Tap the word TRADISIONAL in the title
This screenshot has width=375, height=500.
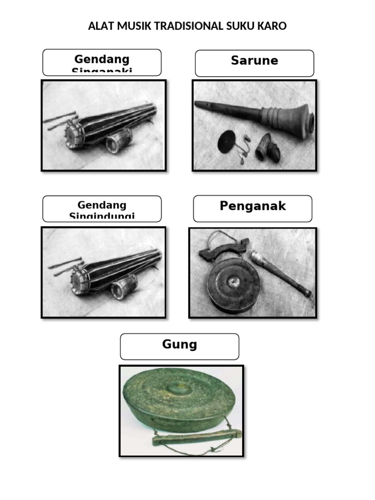coord(189,26)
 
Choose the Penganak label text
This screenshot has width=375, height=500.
coord(252,206)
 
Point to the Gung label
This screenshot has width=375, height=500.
coord(180,345)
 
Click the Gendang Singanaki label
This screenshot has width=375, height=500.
coord(102,62)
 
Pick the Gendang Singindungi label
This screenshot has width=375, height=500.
coord(102,209)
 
